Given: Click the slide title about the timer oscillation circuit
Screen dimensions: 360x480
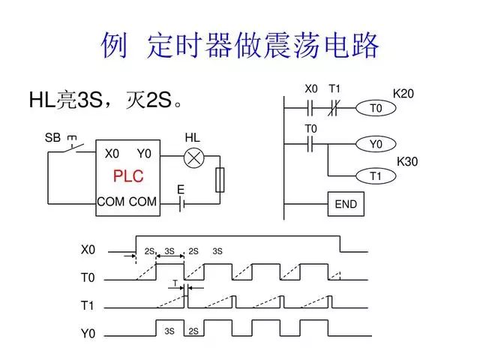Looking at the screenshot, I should pos(240,46).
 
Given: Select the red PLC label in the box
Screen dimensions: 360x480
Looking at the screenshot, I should pos(127,177).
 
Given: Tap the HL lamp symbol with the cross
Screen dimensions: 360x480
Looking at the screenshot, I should pos(194,157).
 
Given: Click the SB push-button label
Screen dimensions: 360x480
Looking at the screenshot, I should pos(52,139).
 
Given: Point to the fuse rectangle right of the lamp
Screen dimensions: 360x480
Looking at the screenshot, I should pos(220,180).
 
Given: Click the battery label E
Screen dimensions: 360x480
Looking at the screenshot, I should pos(180,190).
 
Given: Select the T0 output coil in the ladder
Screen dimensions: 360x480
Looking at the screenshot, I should pos(376,109).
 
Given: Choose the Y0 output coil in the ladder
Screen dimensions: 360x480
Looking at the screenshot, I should pos(376,143).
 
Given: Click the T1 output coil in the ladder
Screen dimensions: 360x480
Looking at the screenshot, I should pos(376,176).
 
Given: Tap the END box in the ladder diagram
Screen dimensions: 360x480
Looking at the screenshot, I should pos(346,204).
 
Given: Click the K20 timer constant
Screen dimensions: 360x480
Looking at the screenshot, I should pos(404,94).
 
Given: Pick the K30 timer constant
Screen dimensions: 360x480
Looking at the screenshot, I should pos(407,161).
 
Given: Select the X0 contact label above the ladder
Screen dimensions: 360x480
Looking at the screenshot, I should pos(311,89).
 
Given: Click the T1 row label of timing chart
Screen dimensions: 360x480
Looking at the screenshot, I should pos(88,306).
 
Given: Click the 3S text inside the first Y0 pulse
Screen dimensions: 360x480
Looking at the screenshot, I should pos(169,331).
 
